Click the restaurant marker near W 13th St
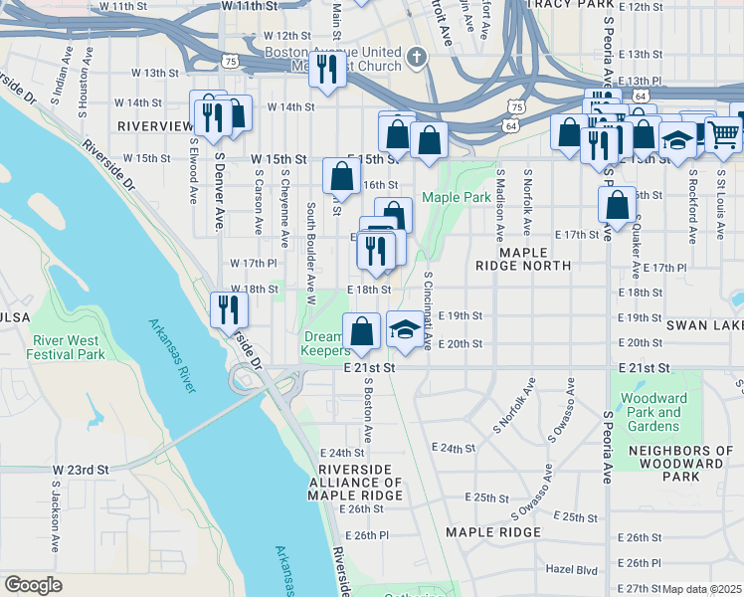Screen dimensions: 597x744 pos(325,69)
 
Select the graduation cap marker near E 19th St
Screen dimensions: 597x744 pos(403,329)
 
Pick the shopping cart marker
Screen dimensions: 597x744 pos(725,132)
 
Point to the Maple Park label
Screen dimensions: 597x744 pos(456,198)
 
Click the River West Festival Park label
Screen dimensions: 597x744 pos(66,347)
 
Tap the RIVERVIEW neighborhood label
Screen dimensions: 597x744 pos(154,126)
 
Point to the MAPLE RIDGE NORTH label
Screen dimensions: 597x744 pos(535,260)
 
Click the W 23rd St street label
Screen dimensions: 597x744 pos(80,469)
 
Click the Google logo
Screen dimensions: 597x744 pos(33,585)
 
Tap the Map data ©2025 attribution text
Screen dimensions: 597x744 pos(702,589)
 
